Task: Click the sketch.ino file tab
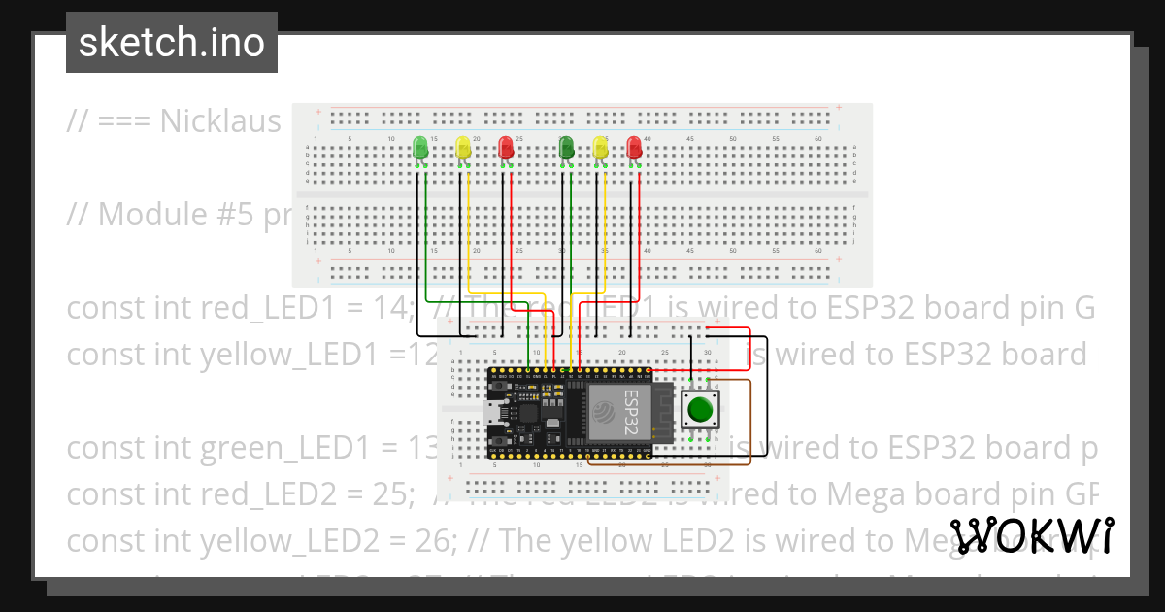(x=171, y=43)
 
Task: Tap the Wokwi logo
(x=1032, y=535)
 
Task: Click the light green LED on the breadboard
(x=420, y=148)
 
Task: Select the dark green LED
(x=567, y=148)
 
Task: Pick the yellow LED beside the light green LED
(x=464, y=148)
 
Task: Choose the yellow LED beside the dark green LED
(x=601, y=148)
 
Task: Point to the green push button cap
(x=698, y=409)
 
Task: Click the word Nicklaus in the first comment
(x=220, y=121)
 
